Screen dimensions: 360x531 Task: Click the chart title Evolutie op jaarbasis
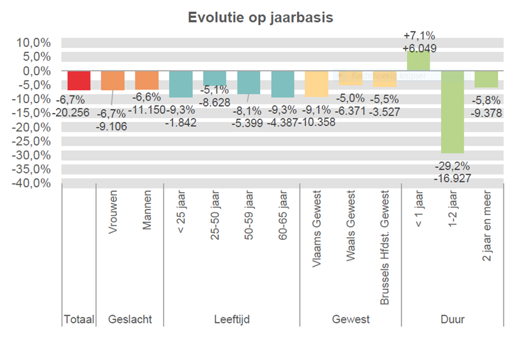pyautogui.click(x=261, y=18)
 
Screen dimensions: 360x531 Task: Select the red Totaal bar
pyautogui.click(x=79, y=80)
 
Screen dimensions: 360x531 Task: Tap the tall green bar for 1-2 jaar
pyautogui.click(x=452, y=112)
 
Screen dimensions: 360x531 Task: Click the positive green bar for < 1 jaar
pyautogui.click(x=418, y=61)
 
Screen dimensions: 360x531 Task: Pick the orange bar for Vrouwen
pyautogui.click(x=112, y=81)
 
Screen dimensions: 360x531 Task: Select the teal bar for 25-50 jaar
pyautogui.click(x=215, y=78)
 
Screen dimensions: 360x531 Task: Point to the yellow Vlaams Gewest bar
pyautogui.click(x=316, y=84)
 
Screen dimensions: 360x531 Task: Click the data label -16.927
pyautogui.click(x=452, y=179)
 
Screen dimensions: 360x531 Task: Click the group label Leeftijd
pyautogui.click(x=232, y=320)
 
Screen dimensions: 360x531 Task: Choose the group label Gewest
pyautogui.click(x=351, y=320)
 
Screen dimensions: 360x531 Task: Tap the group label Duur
pyautogui.click(x=452, y=320)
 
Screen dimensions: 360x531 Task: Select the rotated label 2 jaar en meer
pyautogui.click(x=487, y=225)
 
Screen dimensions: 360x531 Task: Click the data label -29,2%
pyautogui.click(x=452, y=167)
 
